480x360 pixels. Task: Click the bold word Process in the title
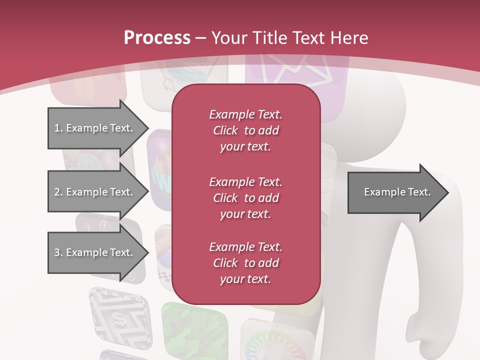coord(157,38)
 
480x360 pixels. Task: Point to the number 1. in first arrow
coord(58,128)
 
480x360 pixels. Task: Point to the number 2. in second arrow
coord(58,192)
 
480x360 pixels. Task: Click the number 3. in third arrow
coord(58,252)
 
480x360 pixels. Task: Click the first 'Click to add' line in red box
coord(245,130)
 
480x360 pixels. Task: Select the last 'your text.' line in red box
coord(245,279)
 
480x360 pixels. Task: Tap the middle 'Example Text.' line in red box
coord(245,181)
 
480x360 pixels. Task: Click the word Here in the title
coord(350,38)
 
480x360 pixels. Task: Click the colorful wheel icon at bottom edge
coord(265,345)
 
